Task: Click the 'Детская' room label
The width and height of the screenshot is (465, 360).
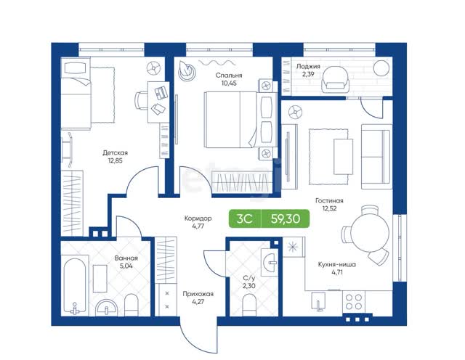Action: tap(115, 153)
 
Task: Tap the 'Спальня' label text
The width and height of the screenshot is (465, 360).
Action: tap(229, 75)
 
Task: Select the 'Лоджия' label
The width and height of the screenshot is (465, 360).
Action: tap(308, 66)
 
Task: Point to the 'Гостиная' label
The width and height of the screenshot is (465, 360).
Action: tap(329, 200)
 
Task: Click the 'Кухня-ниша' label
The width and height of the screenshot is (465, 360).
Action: tap(337, 264)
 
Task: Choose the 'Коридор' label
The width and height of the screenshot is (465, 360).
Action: tap(198, 218)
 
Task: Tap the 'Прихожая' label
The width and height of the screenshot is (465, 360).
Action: tap(198, 294)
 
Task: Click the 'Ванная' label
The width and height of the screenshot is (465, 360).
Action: tap(126, 258)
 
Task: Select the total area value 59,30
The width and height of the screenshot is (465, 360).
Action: tap(286, 218)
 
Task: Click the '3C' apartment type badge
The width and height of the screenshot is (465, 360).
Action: tap(245, 218)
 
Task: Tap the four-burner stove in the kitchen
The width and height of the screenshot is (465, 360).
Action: tap(354, 302)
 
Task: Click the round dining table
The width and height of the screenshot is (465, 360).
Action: tap(371, 233)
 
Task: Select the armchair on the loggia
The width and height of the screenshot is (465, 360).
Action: tap(335, 79)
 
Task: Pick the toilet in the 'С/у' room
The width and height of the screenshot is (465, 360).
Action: tap(248, 305)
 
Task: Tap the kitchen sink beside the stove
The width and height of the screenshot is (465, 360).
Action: tap(318, 301)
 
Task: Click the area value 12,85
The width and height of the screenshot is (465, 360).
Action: tap(115, 161)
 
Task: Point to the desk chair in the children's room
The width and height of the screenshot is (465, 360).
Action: tap(142, 101)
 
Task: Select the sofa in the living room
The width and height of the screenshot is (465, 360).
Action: tap(376, 157)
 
